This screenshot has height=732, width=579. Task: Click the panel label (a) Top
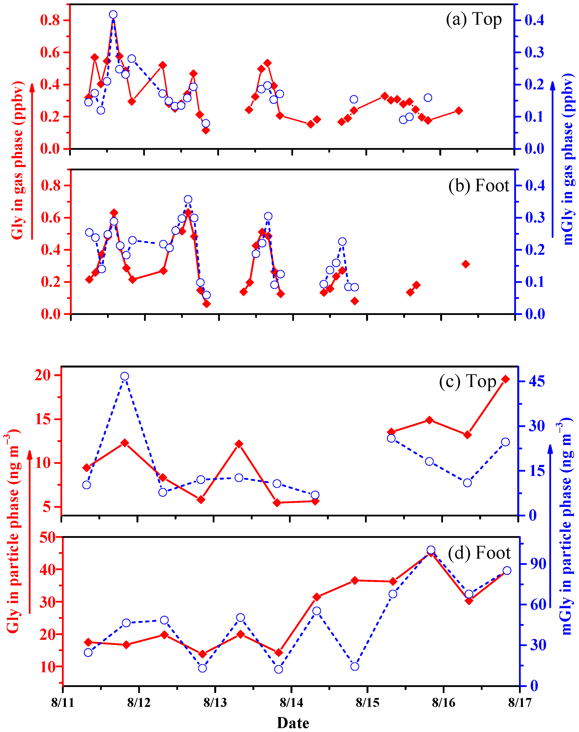tap(474, 19)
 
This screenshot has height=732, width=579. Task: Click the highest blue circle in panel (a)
tap(113, 15)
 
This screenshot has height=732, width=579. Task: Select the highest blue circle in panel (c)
tap(125, 376)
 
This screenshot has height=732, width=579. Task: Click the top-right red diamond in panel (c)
tap(505, 379)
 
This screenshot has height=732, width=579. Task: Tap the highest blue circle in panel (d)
tap(431, 550)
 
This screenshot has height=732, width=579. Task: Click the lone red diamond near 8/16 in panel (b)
tap(466, 264)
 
